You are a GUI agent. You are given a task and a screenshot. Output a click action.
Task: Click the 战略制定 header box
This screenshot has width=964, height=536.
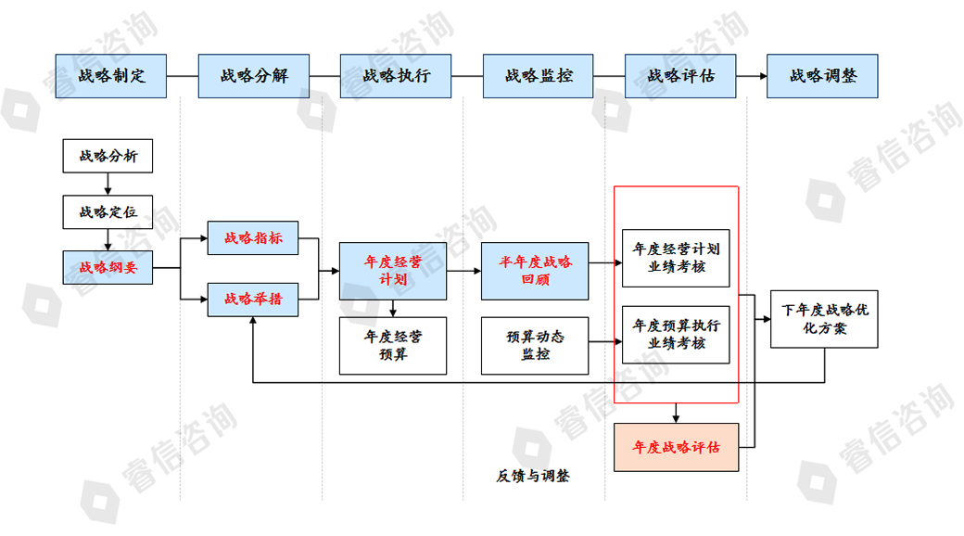coord(110,76)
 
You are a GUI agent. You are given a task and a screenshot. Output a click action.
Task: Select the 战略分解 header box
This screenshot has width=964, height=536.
coord(253,76)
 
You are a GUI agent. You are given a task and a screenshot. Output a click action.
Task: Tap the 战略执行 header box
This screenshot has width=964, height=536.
coord(396,76)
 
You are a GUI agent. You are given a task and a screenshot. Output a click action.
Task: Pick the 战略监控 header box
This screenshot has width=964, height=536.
coord(539,76)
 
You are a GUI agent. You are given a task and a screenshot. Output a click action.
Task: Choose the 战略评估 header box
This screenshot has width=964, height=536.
coord(680,76)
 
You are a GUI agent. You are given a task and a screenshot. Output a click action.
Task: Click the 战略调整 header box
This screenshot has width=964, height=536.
coord(822,76)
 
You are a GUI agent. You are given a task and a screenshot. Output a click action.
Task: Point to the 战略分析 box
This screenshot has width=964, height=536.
coord(108,156)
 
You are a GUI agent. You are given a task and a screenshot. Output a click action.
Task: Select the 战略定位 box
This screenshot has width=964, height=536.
coord(108,211)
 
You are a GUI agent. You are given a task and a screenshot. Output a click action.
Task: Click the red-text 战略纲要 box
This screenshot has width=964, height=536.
coord(108,267)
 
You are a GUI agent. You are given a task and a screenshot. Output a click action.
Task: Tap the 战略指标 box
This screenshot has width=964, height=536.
coord(252,238)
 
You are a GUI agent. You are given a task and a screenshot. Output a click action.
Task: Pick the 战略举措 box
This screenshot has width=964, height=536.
coord(252,299)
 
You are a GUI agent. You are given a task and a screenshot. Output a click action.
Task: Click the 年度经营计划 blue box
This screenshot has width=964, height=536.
coord(393,271)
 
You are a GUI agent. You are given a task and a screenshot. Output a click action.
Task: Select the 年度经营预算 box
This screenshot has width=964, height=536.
coord(393,346)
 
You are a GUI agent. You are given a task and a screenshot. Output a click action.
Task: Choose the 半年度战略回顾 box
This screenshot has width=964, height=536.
coord(535,271)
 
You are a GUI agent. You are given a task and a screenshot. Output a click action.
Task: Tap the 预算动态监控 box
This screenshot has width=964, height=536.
coord(535,346)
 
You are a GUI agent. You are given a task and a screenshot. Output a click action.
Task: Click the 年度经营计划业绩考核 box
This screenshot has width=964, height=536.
coord(676,258)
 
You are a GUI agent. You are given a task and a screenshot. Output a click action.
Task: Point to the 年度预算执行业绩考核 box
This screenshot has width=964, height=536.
coord(676,335)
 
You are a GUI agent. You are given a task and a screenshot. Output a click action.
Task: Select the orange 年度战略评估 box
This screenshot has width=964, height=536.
coord(676,447)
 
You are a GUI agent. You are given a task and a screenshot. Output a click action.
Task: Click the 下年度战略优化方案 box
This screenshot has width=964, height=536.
coord(824,319)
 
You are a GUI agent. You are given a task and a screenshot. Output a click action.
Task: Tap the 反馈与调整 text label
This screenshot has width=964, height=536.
coord(532,477)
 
